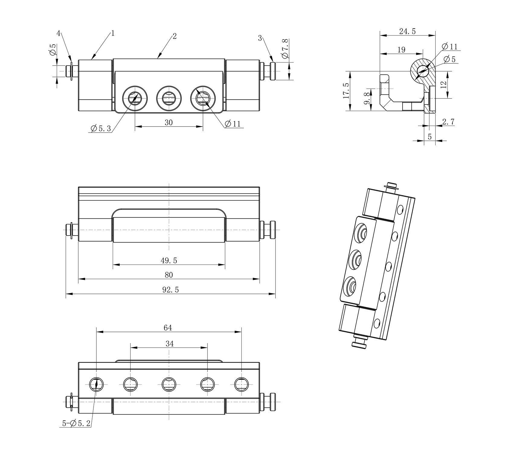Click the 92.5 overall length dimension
171,290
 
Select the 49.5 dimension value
169,260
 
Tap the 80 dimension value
169,275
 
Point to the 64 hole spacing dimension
168,328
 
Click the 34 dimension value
170,344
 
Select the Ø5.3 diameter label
101,129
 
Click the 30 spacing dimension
169,122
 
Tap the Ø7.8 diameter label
285,49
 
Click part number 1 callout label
113,34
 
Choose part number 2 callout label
175,37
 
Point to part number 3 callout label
260,38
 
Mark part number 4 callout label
59,33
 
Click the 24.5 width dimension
407,31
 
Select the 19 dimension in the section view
401,50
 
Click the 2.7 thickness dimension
448,122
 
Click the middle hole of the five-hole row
169,384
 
